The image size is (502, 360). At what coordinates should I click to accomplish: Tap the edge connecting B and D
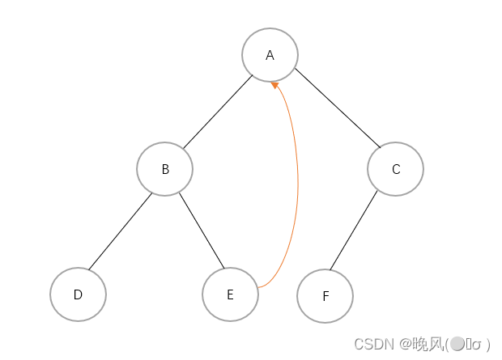point(120,231)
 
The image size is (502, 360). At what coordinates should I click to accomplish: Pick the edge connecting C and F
point(353,231)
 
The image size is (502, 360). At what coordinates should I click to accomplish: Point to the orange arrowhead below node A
point(275,84)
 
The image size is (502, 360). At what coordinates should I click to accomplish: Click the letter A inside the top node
point(270,55)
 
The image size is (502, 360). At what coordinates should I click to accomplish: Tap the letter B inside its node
point(165,169)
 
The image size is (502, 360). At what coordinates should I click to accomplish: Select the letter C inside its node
point(395,169)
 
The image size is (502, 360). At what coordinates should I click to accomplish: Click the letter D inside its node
point(78,294)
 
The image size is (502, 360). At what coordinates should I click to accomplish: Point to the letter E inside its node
point(230,294)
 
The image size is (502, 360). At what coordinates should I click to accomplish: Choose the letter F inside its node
point(325,296)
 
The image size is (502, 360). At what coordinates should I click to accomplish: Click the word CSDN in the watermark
point(373,344)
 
